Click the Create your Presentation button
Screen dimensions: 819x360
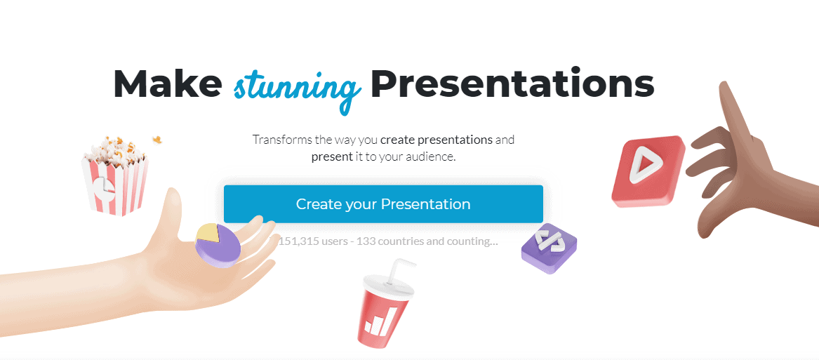(x=383, y=204)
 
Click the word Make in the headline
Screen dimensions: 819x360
(x=166, y=84)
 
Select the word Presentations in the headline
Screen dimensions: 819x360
(x=512, y=84)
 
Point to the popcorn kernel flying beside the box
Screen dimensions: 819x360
(x=157, y=139)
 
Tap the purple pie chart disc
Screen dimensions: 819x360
(x=218, y=245)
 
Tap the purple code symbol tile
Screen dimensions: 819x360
(x=549, y=248)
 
